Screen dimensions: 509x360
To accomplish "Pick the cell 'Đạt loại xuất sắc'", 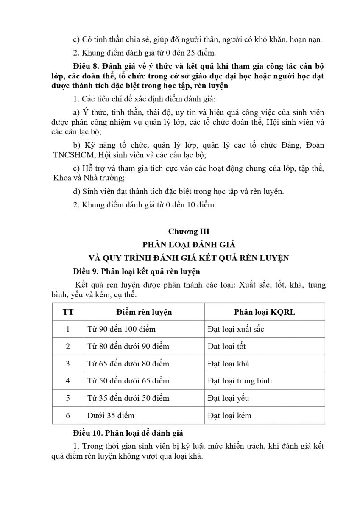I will [236, 329].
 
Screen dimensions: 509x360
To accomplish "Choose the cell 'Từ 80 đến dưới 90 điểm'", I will [128, 347].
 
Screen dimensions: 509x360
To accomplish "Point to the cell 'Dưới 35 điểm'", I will [111, 416].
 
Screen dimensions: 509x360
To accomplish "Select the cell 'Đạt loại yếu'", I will [228, 398].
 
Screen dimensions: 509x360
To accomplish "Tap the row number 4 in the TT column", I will [68, 381].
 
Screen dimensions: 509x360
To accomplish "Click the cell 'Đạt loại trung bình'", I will [240, 381].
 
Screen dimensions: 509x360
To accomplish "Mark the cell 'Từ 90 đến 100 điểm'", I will [121, 329].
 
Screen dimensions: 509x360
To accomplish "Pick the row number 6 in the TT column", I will [68, 416].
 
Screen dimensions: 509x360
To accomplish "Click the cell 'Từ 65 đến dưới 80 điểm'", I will [128, 364].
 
